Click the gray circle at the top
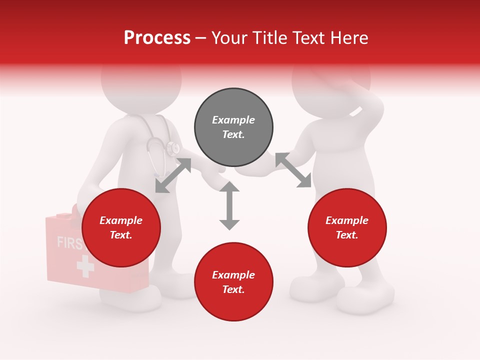pyautogui.click(x=233, y=127)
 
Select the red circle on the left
pyautogui.click(x=121, y=228)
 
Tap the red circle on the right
pyautogui.click(x=347, y=228)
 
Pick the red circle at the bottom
pyautogui.click(x=233, y=282)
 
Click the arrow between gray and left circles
pyautogui.click(x=173, y=175)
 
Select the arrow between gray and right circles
pyautogui.click(x=293, y=170)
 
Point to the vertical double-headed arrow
pyautogui.click(x=229, y=205)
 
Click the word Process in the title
pyautogui.click(x=157, y=37)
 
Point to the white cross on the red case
pyautogui.click(x=85, y=266)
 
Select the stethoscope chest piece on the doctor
pyautogui.click(x=173, y=148)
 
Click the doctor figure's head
pyautogui.click(x=141, y=85)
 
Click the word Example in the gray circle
pyautogui.click(x=233, y=120)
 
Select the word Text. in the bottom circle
pyautogui.click(x=233, y=289)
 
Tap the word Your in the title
pyautogui.click(x=230, y=37)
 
